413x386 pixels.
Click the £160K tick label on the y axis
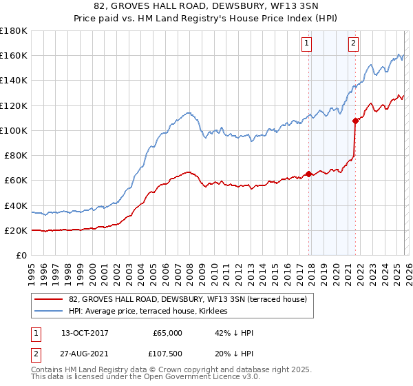click(x=13, y=56)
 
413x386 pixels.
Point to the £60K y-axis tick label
click(x=15, y=181)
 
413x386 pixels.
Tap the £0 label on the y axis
click(x=22, y=256)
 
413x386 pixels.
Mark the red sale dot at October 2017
click(x=308, y=174)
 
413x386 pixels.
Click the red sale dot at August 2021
click(x=355, y=121)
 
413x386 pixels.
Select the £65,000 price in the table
click(x=167, y=333)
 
